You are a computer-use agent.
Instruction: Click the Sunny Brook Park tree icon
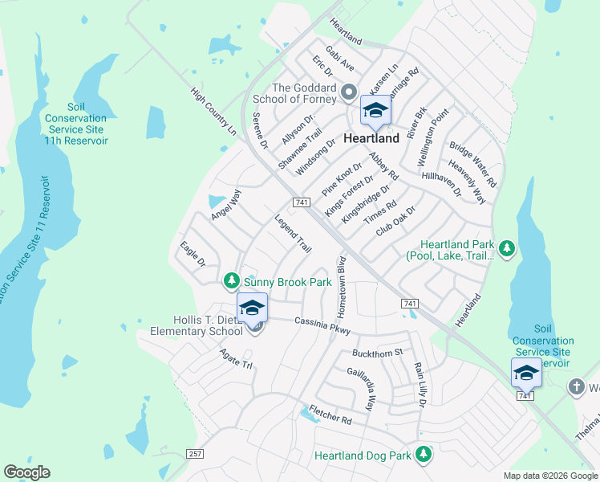pyautogui.click(x=232, y=281)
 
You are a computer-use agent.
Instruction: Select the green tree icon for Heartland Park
pyautogui.click(x=506, y=248)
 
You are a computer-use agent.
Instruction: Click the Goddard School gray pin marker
pyautogui.click(x=348, y=94)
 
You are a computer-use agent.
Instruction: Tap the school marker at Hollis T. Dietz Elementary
pyautogui.click(x=252, y=308)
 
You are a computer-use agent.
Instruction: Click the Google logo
pyautogui.click(x=27, y=472)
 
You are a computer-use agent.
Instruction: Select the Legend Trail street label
pyautogui.click(x=293, y=234)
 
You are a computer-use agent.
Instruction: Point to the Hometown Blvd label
pyautogui.click(x=342, y=284)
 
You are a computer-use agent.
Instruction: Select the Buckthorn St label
pyautogui.click(x=377, y=353)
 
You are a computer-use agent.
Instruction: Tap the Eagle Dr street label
pyautogui.click(x=193, y=254)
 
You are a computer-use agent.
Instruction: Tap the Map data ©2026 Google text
pyautogui.click(x=549, y=476)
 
